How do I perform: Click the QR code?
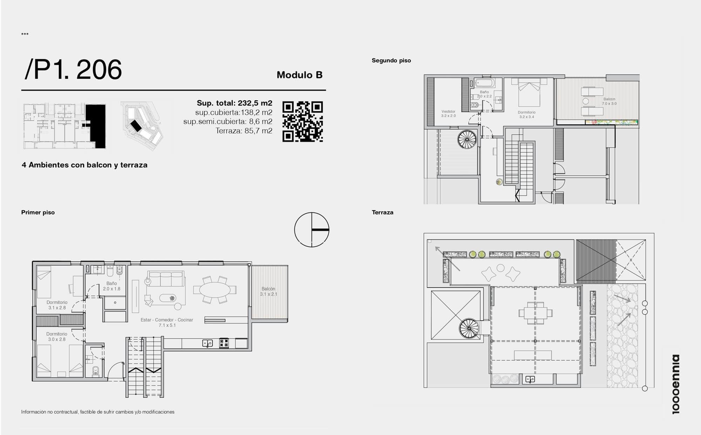tap(302, 122)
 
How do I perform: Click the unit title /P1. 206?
tap(73, 69)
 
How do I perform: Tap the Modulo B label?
tap(299, 75)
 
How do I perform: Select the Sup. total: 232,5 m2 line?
tap(234, 103)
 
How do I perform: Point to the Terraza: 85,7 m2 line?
tap(244, 131)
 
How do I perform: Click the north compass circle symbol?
tap(312, 230)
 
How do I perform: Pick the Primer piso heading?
tap(38, 212)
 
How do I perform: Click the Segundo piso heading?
tap(391, 60)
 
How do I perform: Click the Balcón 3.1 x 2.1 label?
tap(268, 292)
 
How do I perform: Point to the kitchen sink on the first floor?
tap(207, 343)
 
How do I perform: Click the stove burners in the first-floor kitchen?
tap(224, 343)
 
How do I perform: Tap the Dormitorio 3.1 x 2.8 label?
tap(57, 305)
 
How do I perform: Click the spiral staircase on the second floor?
tap(467, 139)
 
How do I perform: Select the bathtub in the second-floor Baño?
tap(485, 83)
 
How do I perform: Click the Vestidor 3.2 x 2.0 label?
tap(448, 114)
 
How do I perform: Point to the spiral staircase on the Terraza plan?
tap(469, 328)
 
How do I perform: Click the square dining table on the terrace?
tap(535, 312)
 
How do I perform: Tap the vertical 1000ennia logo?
tap(676, 384)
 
